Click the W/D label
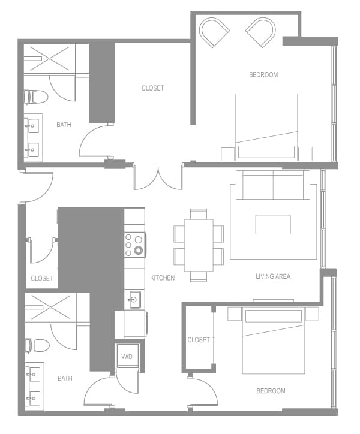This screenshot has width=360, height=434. tap(127, 357)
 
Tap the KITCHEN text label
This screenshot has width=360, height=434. tap(163, 278)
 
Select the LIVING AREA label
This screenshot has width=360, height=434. tap(273, 276)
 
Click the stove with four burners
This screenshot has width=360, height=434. tap(135, 245)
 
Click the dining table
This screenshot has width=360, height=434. tap(199, 245)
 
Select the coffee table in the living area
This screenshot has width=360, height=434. tap(273, 224)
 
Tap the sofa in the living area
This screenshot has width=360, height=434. tap(273, 185)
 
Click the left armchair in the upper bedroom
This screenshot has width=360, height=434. tap(214, 32)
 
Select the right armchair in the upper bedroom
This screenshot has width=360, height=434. tap(261, 32)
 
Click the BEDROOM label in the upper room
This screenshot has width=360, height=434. tap(263, 75)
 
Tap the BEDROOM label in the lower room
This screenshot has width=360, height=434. tap(271, 391)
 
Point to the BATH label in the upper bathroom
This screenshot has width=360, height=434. tap(64, 125)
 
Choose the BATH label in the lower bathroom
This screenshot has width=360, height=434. tap(65, 378)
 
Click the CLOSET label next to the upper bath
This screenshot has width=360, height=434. tap(152, 88)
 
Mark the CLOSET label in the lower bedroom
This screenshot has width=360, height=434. tap(199, 340)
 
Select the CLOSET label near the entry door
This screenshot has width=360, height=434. tap(42, 278)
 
